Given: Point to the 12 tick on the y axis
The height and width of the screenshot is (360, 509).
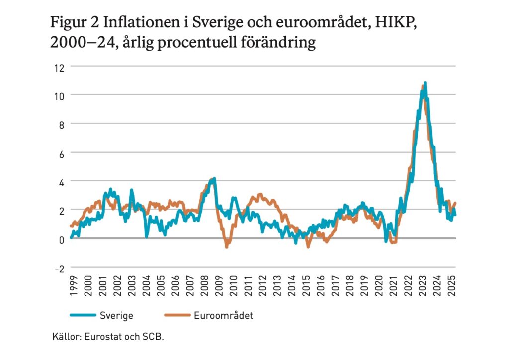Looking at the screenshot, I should (60, 67).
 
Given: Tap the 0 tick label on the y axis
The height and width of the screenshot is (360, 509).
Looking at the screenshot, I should (62, 239).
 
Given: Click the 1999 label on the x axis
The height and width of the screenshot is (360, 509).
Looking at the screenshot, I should (73, 289).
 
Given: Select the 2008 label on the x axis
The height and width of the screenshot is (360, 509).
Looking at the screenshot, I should (204, 289).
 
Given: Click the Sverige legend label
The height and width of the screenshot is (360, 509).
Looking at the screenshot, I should (116, 315).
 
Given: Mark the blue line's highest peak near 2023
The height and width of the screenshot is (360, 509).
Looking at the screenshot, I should (425, 83).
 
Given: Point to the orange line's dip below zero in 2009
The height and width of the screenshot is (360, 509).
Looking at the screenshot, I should (227, 246).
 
